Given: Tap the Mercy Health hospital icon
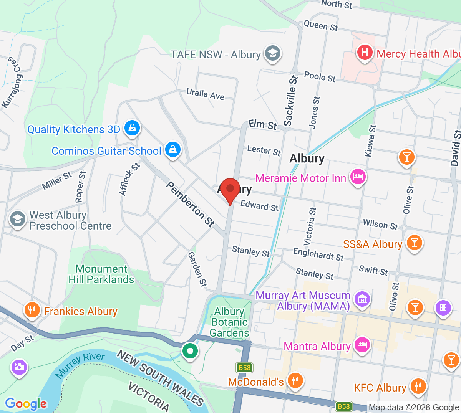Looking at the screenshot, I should coord(365,52).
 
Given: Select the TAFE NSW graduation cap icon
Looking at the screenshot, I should coord(272,53).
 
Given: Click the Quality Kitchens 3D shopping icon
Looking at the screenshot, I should coord(132,128).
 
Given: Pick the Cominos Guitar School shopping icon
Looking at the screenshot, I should coord(173,150).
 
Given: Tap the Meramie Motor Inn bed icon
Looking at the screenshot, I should coord(358,177).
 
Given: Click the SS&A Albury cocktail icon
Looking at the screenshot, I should coord(414,243).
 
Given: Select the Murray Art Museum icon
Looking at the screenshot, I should coord(362,299).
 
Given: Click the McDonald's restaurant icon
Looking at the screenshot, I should coord(295,381).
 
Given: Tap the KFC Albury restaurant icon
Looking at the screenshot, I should coord(418,387).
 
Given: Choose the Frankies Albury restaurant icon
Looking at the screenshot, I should coord(32,310).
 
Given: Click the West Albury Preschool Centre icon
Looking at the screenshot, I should coord(18,220).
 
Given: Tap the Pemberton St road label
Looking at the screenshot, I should coord(190,204).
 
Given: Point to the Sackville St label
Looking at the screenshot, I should coord(291,101).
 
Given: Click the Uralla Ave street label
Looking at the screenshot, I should coord(205,94).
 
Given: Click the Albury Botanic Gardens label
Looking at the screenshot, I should coord(229,322).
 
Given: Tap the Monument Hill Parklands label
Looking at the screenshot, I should coord(101,274).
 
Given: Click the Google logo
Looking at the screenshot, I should coord(26,403).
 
